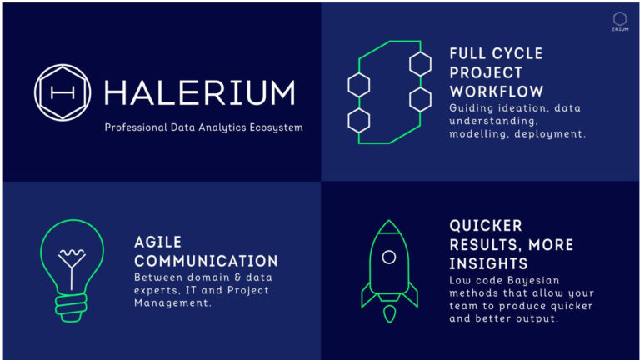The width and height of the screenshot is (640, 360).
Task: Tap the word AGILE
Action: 158,241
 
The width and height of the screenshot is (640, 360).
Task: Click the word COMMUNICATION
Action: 206,260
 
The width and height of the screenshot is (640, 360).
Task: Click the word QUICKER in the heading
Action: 486,226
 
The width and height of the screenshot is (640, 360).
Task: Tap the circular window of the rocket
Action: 388,257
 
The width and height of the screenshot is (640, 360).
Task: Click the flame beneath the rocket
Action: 388,314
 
